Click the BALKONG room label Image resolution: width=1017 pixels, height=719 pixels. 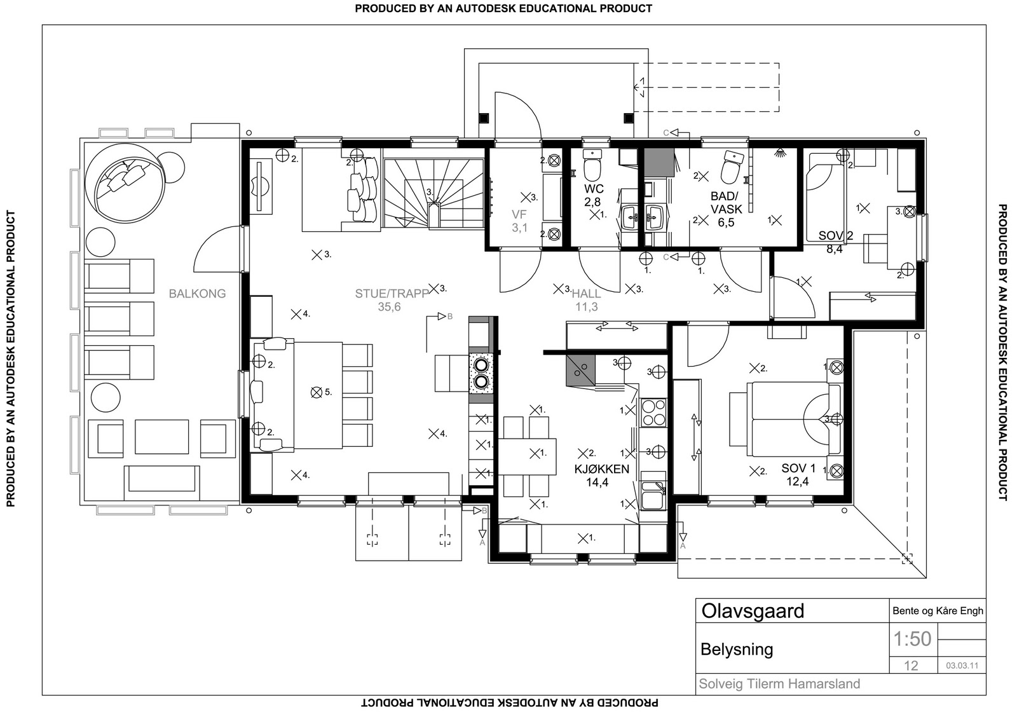pyautogui.click(x=197, y=294)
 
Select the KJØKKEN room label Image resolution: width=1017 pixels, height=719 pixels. pyautogui.click(x=601, y=469)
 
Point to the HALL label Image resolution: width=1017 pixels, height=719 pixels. pyautogui.click(x=586, y=294)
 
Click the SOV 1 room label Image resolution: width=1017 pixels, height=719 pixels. pyautogui.click(x=798, y=469)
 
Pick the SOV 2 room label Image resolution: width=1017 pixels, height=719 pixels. pyautogui.click(x=835, y=236)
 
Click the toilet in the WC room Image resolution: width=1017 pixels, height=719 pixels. pyautogui.click(x=592, y=167)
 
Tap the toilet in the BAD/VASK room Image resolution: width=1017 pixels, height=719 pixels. pyautogui.click(x=730, y=167)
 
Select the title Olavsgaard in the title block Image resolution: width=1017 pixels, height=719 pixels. pyautogui.click(x=753, y=611)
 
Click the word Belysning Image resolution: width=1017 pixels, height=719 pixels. pyautogui.click(x=737, y=649)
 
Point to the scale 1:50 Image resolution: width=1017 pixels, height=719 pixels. pyautogui.click(x=912, y=638)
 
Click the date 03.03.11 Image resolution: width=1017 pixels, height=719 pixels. pyautogui.click(x=962, y=666)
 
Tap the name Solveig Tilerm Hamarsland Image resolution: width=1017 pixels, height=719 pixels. pyautogui.click(x=779, y=684)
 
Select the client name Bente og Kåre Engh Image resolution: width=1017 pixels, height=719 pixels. pyautogui.click(x=938, y=611)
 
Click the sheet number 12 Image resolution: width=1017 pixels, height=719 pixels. pyautogui.click(x=911, y=666)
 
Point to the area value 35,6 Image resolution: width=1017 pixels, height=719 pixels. pyautogui.click(x=389, y=307)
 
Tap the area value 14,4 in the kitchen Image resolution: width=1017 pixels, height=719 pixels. pyautogui.click(x=597, y=483)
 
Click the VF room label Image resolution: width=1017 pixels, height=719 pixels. pyautogui.click(x=519, y=215)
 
